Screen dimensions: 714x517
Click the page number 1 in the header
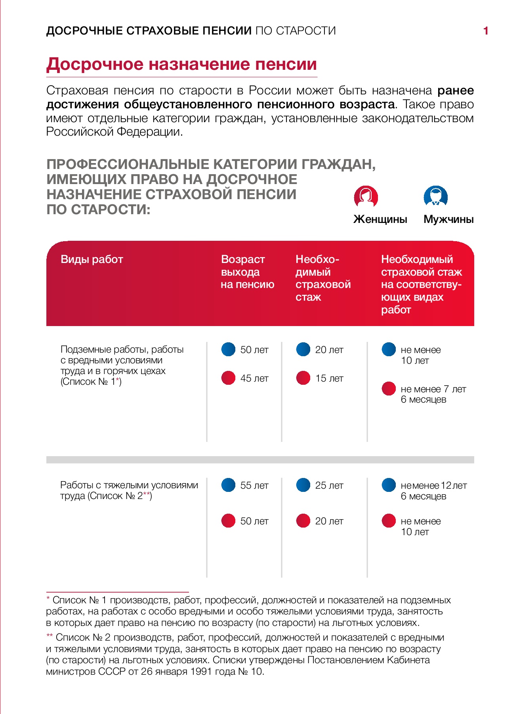486,31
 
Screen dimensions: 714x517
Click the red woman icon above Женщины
366,196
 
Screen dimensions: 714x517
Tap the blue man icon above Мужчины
435,196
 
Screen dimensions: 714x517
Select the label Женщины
380,219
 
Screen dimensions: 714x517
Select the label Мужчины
448,219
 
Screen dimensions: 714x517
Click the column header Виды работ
92,259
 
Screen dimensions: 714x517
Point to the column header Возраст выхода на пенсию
247,272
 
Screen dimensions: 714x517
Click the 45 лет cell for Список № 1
254,378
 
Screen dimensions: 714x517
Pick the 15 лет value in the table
329,378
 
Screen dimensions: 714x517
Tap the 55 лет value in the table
254,486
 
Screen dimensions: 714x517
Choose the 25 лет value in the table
329,486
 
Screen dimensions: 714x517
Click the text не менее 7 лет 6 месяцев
433,394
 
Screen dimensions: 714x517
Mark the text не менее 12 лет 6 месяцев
433,491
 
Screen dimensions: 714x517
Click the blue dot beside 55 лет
229,485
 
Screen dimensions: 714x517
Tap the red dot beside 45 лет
229,378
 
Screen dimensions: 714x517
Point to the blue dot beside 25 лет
303,485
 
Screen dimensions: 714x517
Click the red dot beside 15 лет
303,378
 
